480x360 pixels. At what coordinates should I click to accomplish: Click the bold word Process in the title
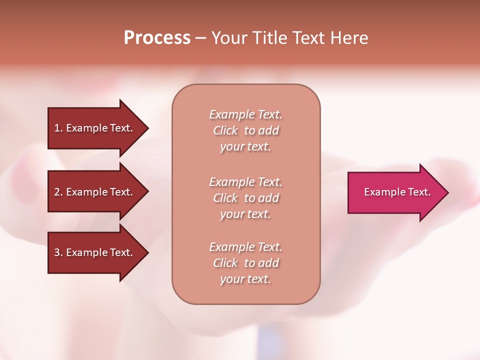tap(157, 38)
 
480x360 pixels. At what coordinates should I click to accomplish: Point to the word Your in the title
tap(229, 38)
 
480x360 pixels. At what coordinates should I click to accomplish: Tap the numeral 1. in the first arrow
tap(58, 128)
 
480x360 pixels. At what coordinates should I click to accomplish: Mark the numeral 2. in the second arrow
tap(58, 192)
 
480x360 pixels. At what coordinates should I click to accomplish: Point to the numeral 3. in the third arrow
tap(58, 252)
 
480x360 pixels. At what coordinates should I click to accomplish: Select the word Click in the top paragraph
tap(225, 130)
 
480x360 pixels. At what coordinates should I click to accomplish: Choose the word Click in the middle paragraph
tap(225, 198)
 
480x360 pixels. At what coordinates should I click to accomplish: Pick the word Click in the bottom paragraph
tap(225, 263)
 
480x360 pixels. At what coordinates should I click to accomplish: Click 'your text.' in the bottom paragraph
tap(245, 279)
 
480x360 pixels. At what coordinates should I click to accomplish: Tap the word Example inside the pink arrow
tap(383, 192)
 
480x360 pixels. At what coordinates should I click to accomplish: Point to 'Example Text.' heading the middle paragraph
tap(245, 182)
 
